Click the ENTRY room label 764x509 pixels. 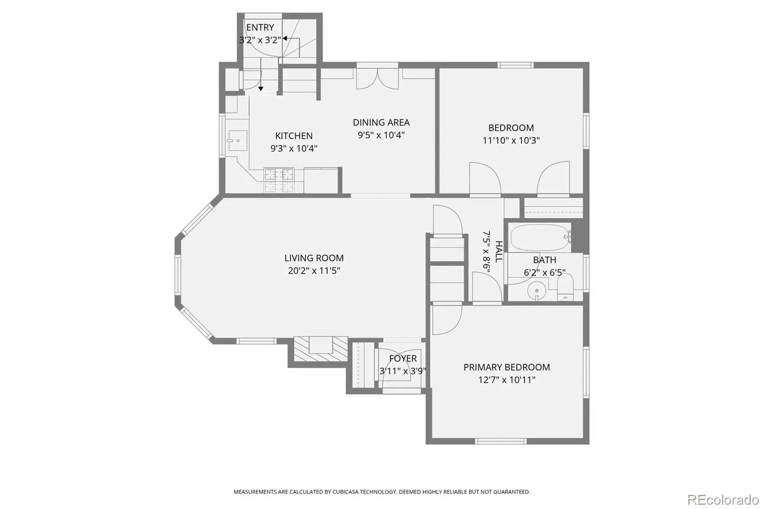(x=260, y=27)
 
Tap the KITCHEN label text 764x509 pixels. (x=294, y=136)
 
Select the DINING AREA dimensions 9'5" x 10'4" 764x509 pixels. (x=381, y=135)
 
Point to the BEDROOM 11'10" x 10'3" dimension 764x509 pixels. (x=511, y=140)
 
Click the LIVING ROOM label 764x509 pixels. (x=314, y=258)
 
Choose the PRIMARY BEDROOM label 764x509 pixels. (x=507, y=367)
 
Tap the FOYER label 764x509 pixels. (x=403, y=358)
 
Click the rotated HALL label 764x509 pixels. (x=499, y=252)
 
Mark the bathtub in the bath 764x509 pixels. (x=541, y=238)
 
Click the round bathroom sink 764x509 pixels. (x=537, y=291)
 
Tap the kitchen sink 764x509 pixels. (x=238, y=140)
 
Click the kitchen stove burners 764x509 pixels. (x=279, y=180)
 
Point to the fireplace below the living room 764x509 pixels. (x=320, y=349)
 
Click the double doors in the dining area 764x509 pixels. (x=378, y=79)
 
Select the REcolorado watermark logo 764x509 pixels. (x=723, y=500)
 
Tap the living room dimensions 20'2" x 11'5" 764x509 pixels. (x=314, y=271)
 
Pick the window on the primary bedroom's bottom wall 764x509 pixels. (x=501, y=441)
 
